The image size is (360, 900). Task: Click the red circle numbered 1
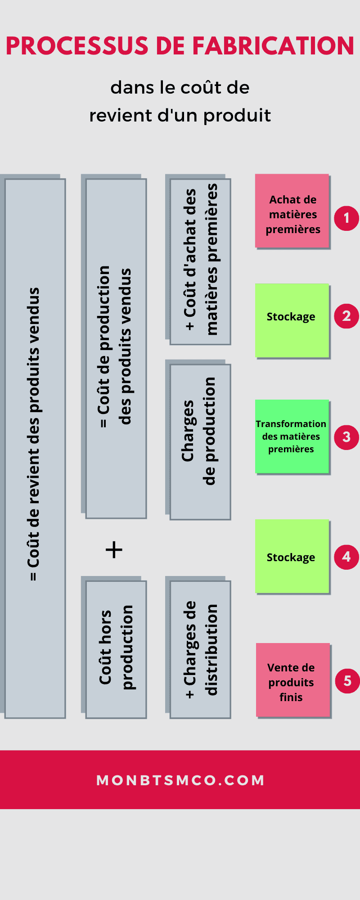tap(346, 218)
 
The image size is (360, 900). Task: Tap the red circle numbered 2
tap(346, 316)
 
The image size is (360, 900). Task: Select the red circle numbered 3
tap(346, 436)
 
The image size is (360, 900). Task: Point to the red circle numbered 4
tap(346, 557)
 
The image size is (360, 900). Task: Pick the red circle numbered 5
tap(347, 680)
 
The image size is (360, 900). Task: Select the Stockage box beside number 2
tap(292, 320)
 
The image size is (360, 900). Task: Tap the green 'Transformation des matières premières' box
tap(292, 436)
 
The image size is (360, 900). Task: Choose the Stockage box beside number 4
tap(292, 556)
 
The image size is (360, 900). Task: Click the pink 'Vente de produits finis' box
tap(293, 680)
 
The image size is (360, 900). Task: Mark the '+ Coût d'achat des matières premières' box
tap(200, 262)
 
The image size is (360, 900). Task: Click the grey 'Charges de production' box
tap(200, 442)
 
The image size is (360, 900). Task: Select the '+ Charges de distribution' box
tap(200, 649)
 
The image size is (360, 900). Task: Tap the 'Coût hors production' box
tap(116, 649)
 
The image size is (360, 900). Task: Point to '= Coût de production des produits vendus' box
tap(116, 348)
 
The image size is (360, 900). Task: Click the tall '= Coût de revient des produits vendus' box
tap(35, 448)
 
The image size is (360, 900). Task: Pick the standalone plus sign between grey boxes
tap(114, 550)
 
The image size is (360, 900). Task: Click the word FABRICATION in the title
tap(273, 46)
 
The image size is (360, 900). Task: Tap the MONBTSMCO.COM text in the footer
tap(180, 780)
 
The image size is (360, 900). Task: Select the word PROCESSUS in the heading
tap(77, 46)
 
